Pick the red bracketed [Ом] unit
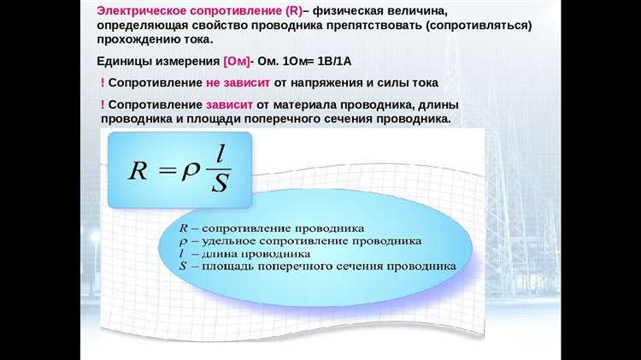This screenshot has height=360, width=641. [236, 62]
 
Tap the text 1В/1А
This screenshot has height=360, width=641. [342, 62]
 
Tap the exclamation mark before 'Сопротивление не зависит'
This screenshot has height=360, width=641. [103, 83]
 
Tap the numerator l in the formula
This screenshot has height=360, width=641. [220, 154]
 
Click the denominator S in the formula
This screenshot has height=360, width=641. [219, 183]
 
